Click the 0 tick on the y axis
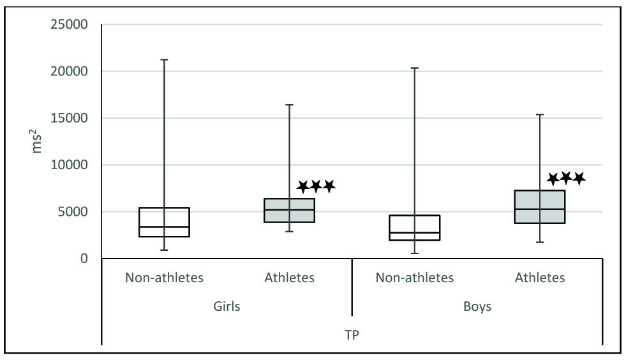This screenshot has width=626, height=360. tap(83, 259)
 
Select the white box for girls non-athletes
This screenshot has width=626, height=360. tap(165, 222)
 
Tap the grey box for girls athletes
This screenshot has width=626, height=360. tap(290, 210)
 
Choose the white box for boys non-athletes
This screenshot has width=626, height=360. tap(415, 228)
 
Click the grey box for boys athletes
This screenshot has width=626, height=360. tap(540, 207)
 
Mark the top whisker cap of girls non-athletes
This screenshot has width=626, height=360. tap(165, 59)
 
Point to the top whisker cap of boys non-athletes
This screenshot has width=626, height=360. tap(415, 68)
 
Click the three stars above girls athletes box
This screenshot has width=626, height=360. tap(316, 186)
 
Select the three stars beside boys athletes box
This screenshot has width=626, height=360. tap(566, 178)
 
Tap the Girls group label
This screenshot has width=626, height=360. tap(227, 306)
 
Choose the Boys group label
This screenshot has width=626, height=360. tap(477, 306)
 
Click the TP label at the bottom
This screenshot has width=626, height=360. tap(352, 334)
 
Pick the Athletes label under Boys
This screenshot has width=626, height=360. tap(540, 278)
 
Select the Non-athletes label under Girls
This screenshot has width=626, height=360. tap(164, 278)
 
